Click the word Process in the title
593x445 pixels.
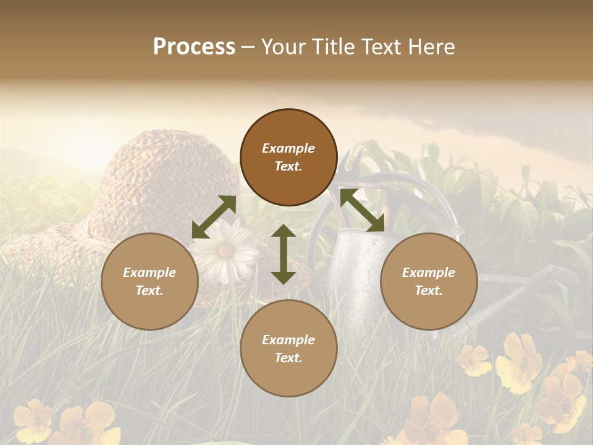point(194,47)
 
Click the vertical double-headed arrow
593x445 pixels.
point(284,254)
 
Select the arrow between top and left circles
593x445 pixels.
point(214,217)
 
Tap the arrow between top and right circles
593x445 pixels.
point(362,210)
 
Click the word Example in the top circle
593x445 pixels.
point(288,148)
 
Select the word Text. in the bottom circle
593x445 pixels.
point(288,358)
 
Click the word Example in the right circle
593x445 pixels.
point(429,273)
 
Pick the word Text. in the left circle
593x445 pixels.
point(149,290)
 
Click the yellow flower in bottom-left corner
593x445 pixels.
point(34,420)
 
